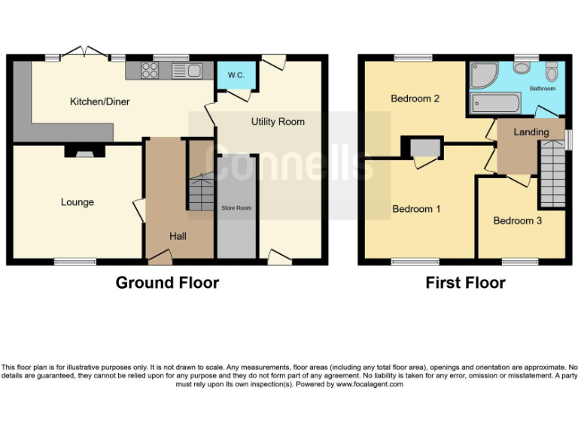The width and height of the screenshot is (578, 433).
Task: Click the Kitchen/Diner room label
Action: coord(99,101)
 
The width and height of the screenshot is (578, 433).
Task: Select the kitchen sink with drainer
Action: coord(187,71)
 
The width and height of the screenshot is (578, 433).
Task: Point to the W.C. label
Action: coord(236,75)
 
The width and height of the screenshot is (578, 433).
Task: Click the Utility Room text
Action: coord(278,121)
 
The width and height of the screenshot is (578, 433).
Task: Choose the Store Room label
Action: coord(236,207)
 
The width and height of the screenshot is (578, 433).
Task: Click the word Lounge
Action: coord(78,202)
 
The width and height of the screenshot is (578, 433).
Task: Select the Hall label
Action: coord(178,236)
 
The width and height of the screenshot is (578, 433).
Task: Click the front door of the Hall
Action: coord(160,259)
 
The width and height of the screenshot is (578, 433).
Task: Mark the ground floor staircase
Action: coord(200,192)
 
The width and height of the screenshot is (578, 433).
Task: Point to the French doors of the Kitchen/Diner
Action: coord(84,53)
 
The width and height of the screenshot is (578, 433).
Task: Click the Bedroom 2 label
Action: coord(415,98)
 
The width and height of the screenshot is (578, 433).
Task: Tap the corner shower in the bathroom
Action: coord(483,75)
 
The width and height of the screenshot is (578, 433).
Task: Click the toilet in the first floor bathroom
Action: coord(552,72)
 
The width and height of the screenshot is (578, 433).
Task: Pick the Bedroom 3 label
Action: coord(517,220)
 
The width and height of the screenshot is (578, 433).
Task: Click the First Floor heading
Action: coord(465,283)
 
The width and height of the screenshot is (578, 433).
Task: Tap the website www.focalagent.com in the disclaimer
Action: coord(369,384)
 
